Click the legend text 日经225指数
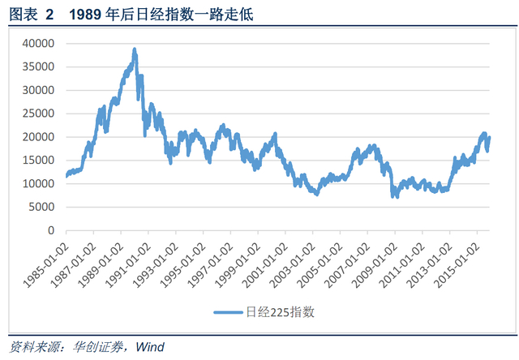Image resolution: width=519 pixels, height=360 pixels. pyautogui.click(x=280, y=311)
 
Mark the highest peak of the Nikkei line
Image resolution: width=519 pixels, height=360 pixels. pyautogui.click(x=135, y=49)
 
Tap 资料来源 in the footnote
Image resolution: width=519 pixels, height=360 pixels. pyautogui.click(x=31, y=347)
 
